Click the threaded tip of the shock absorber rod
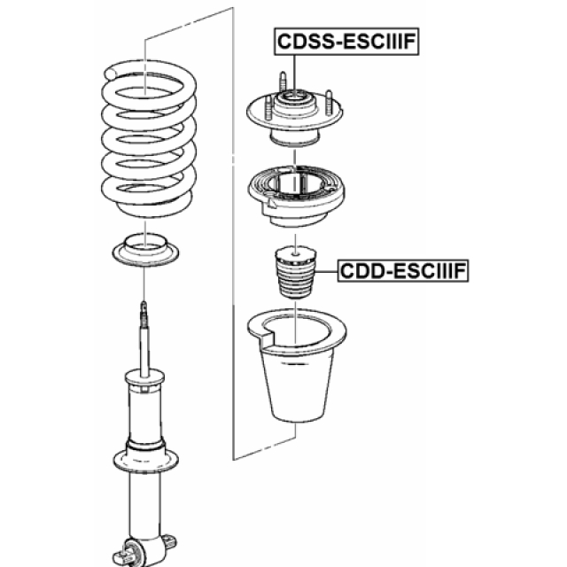[144, 308]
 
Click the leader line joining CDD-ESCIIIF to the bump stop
[325, 268]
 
